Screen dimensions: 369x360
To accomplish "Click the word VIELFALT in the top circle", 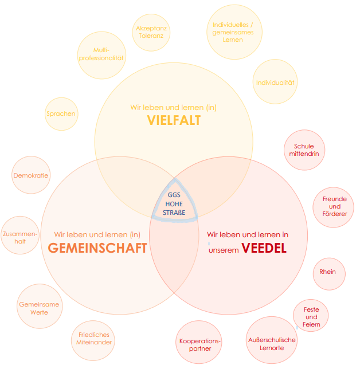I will click(x=173, y=120).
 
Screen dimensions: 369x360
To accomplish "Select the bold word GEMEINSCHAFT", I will click(x=97, y=248).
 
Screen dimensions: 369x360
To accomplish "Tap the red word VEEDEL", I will click(x=264, y=248).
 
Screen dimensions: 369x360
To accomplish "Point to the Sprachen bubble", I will click(x=61, y=113).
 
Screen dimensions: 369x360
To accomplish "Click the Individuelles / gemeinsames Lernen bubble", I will click(x=233, y=32).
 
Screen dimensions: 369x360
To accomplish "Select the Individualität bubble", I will click(x=275, y=83).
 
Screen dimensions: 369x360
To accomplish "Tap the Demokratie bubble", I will click(x=30, y=175).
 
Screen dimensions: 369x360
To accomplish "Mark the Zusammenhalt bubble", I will click(x=20, y=237).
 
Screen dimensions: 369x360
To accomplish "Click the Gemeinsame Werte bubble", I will click(x=39, y=308).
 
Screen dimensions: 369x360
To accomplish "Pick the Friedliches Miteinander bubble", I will click(x=94, y=339).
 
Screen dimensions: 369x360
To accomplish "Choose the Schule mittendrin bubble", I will click(x=304, y=150).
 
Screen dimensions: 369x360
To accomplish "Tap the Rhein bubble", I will click(x=328, y=272).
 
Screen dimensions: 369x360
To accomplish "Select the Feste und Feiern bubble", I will click(x=311, y=317).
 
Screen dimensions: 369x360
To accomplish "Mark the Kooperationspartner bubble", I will click(x=199, y=344).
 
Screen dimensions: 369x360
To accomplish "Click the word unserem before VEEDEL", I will click(x=224, y=250).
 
